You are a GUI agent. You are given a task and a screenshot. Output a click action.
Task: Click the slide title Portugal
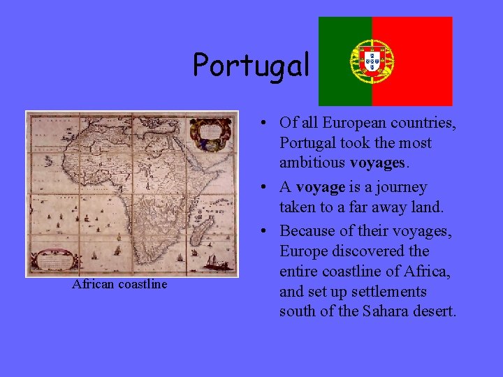coord(251,66)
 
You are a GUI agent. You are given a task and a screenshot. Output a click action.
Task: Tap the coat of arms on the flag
coord(372,59)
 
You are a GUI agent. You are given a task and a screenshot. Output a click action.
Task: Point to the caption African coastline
coord(119,284)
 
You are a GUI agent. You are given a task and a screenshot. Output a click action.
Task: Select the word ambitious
coord(309,163)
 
